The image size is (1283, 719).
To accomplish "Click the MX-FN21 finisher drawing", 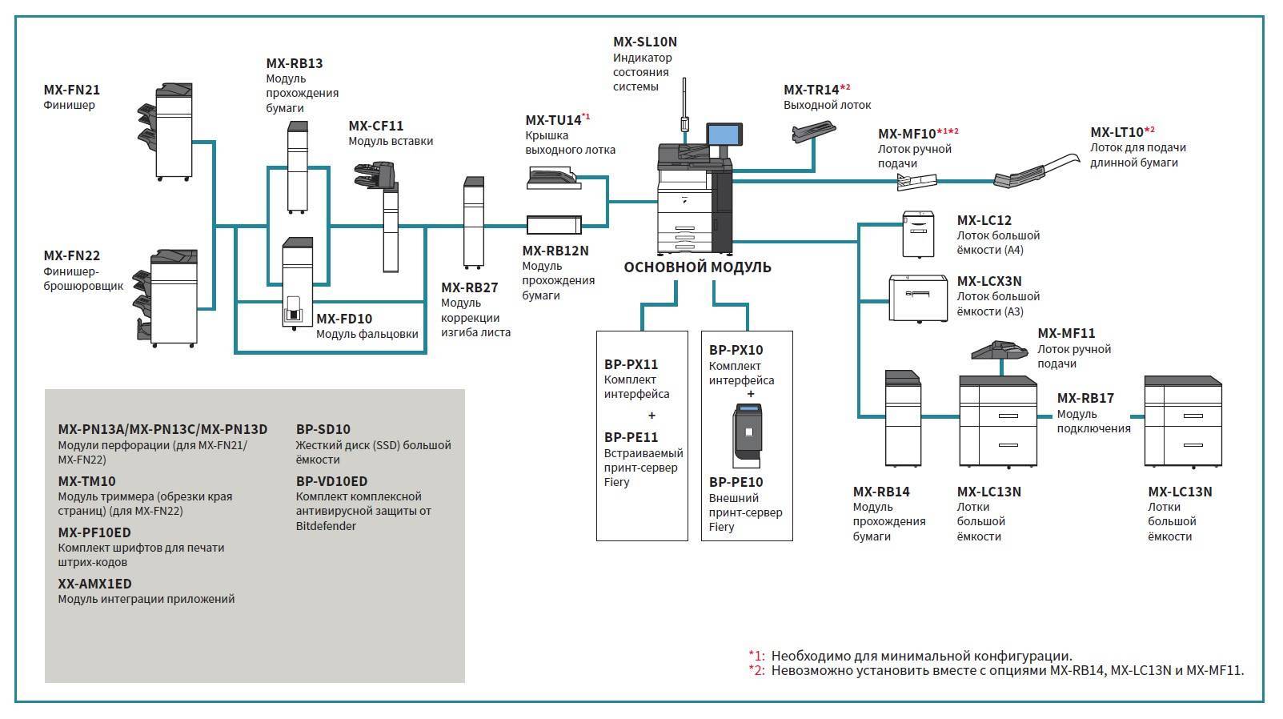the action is point(166,132).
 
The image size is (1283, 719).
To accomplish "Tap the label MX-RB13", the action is point(295,63).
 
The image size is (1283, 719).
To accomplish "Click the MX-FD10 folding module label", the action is point(344,319).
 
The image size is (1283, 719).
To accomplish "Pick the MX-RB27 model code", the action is point(470,287).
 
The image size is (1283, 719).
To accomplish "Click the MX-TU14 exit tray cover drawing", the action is point(554,179).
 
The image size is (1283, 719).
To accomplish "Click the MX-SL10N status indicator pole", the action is point(684,106).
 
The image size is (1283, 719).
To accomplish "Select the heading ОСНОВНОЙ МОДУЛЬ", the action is point(697,267).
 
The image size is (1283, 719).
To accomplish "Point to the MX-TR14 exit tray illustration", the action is point(813,132).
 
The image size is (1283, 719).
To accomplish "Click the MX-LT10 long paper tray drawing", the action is point(1036,171).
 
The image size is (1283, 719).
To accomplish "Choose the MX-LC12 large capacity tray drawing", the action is point(918,235).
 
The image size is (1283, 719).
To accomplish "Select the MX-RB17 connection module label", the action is point(1085,398).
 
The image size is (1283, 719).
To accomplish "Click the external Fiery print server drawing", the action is point(748,436).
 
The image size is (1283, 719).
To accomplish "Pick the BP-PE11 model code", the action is point(631,438).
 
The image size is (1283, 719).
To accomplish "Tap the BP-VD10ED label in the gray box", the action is point(331,482).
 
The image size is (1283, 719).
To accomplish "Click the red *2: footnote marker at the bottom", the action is point(756,671).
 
